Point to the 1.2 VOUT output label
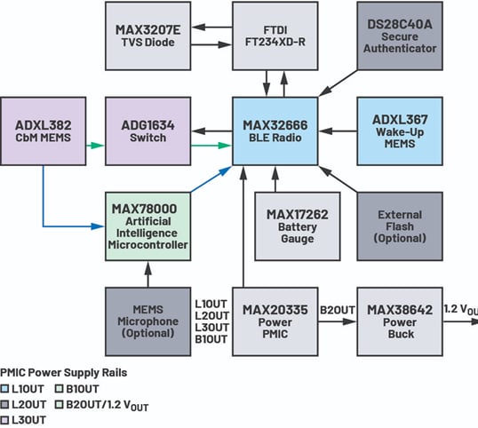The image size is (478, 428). click(459, 309)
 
